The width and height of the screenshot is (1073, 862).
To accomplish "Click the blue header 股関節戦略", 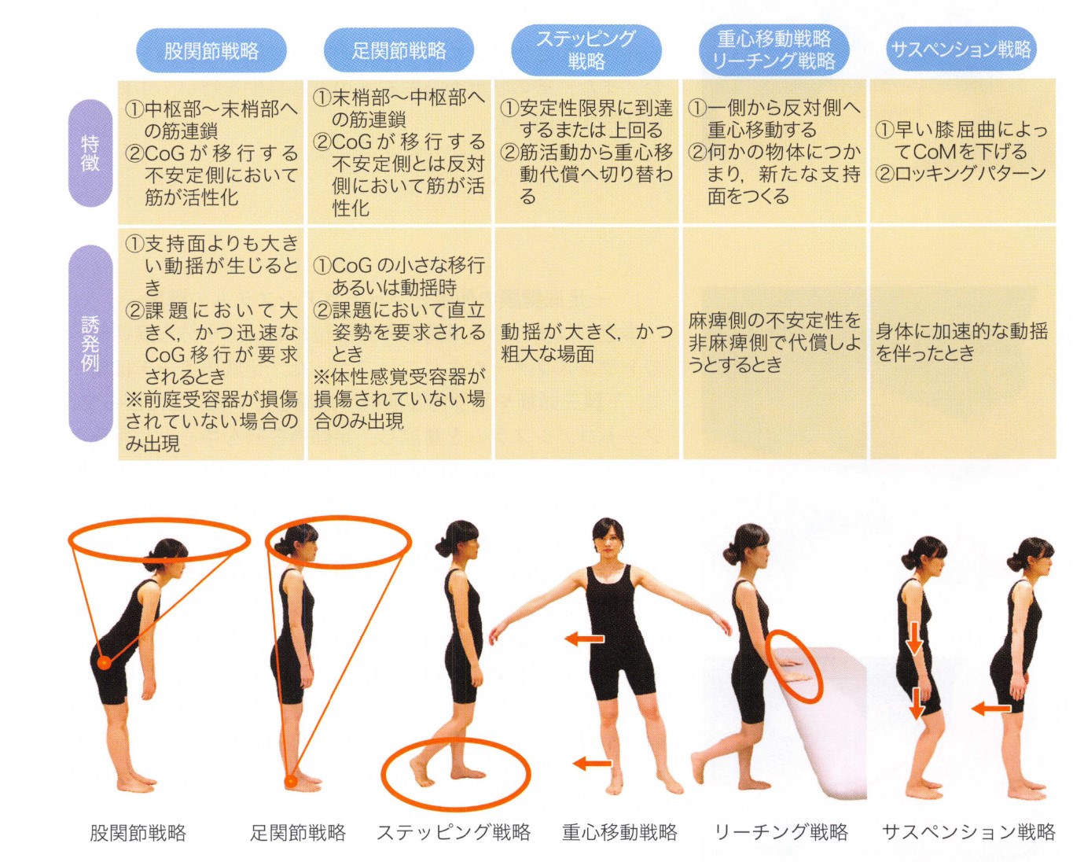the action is tap(211, 51).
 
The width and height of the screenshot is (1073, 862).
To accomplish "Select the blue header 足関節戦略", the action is tap(399, 50).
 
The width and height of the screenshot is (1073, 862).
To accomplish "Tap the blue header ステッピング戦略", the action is tap(586, 50).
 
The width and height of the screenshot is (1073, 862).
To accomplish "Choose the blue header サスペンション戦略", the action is tap(962, 50).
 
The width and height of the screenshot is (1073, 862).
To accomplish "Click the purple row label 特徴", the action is tap(90, 153).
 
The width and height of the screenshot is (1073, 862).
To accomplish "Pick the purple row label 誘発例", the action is tap(90, 346).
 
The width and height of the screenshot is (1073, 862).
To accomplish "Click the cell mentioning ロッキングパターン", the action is tap(962, 151).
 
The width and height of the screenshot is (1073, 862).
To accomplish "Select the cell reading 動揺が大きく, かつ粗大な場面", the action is tap(587, 343).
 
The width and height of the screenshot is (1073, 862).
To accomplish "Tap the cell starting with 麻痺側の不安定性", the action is tap(774, 343).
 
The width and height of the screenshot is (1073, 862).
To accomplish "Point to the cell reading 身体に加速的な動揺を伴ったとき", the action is tap(962, 343).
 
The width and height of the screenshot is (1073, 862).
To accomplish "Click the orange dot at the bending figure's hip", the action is tap(105, 663).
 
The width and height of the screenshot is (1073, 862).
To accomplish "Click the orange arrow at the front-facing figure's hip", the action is tap(584, 638).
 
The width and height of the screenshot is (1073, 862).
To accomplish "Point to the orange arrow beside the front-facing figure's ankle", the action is tap(592, 777).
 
